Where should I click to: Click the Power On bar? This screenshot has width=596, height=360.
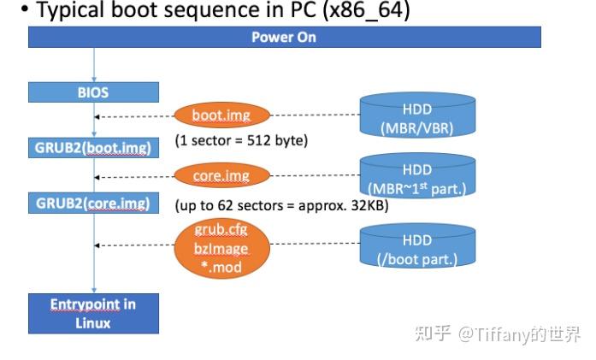click(284, 38)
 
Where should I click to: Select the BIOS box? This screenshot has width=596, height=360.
click(93, 91)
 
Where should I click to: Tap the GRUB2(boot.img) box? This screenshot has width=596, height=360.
click(93, 147)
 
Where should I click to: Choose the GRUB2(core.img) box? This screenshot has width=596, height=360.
click(93, 203)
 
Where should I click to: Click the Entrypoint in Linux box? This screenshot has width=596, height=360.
click(93, 314)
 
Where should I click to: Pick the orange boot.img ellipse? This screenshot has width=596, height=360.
click(220, 115)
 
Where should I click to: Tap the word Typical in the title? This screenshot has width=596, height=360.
click(62, 12)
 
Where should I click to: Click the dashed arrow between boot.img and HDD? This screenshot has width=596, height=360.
click(315, 116)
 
